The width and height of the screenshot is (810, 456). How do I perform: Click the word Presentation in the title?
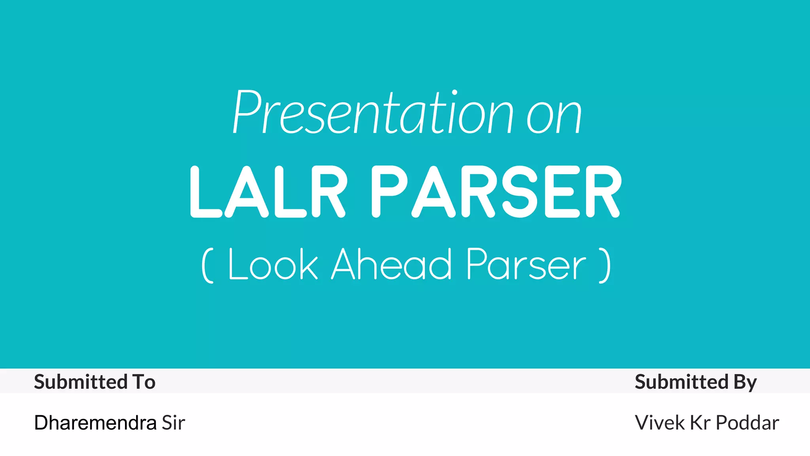click(x=372, y=113)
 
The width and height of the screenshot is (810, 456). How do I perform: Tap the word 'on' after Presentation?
click(x=554, y=117)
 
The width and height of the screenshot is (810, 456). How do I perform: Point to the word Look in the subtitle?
click(x=273, y=264)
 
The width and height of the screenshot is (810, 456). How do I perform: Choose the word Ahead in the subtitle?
click(x=392, y=264)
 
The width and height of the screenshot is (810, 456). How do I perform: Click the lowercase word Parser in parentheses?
click(x=526, y=264)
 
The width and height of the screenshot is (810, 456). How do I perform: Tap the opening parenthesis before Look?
click(x=208, y=265)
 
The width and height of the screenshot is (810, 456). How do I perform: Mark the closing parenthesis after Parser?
click(x=605, y=265)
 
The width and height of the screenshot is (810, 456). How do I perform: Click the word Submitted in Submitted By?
click(x=681, y=382)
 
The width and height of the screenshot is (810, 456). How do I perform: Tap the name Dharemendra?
click(x=95, y=423)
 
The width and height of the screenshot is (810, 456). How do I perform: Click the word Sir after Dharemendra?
click(x=173, y=423)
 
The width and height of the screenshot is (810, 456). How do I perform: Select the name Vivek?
click(x=660, y=423)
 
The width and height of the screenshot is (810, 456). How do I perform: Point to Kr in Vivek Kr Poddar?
click(x=700, y=423)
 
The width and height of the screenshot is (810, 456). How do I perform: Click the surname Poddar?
click(x=748, y=423)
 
